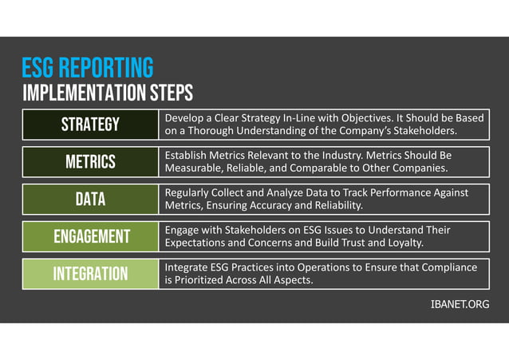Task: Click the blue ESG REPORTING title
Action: [x=88, y=67]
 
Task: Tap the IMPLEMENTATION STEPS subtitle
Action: [x=108, y=93]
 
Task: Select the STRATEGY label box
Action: [x=90, y=125]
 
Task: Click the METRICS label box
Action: [x=90, y=162]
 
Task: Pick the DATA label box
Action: [x=90, y=200]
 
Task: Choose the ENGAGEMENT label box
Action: [x=90, y=236]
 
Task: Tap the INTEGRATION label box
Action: [x=90, y=274]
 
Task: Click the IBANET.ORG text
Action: [x=460, y=305]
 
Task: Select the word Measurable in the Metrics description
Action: [x=195, y=168]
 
